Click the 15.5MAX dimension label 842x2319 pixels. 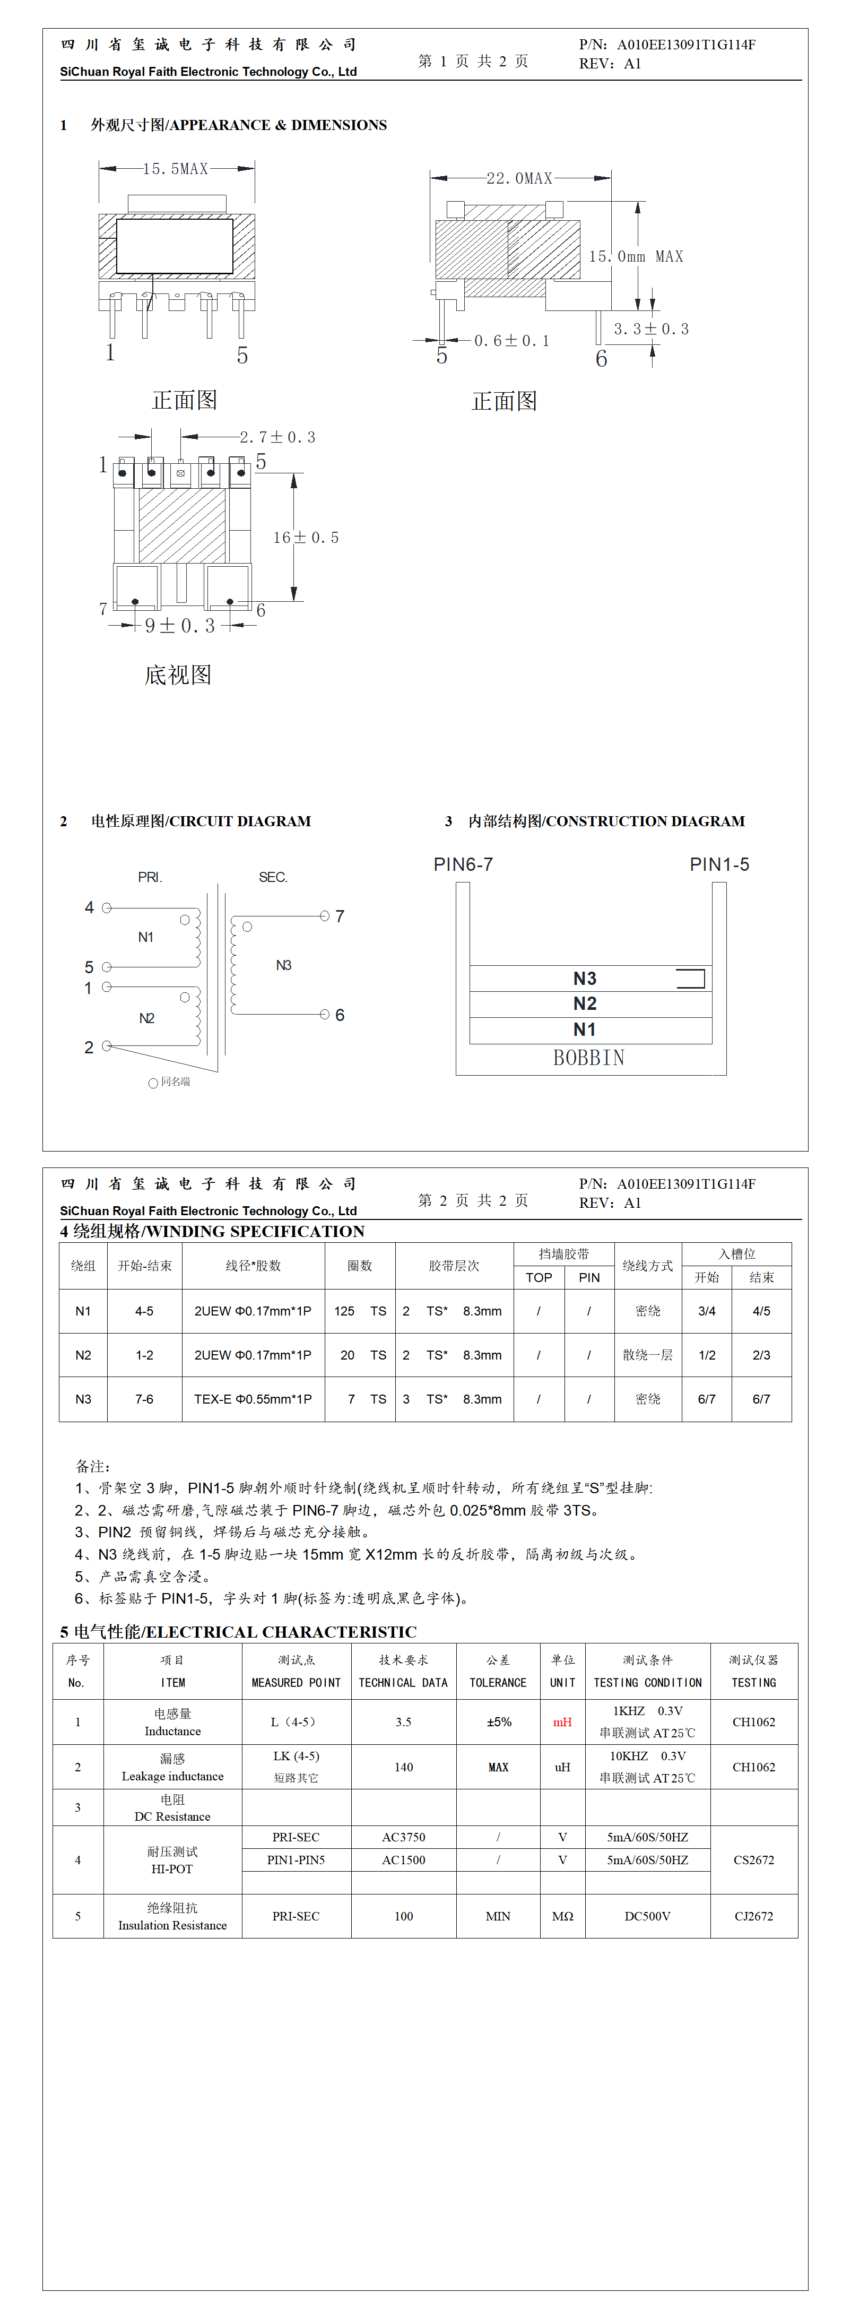[176, 168]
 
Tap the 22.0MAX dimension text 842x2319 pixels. [519, 178]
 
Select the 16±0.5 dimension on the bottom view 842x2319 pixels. [306, 538]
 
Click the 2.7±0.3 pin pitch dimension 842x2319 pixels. [277, 437]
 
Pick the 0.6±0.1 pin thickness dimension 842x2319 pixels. [511, 340]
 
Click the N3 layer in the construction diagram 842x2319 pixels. [585, 979]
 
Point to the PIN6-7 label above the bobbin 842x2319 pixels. [463, 864]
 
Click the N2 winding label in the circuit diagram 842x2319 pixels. [147, 1018]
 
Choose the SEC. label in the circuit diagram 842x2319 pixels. [273, 877]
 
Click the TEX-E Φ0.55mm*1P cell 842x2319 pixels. [253, 1399]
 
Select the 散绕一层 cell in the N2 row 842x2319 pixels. [647, 1355]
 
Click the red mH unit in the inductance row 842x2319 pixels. [562, 1722]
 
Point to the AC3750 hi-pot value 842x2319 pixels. [403, 1837]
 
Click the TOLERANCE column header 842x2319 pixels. [498, 1683]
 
